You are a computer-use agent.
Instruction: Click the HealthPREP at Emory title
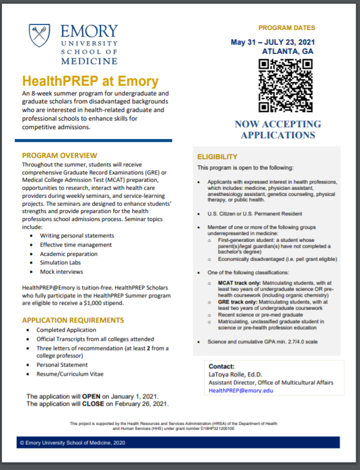(x=90, y=81)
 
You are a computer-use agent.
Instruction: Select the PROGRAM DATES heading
(x=287, y=28)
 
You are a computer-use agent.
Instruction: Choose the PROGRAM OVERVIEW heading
(x=59, y=155)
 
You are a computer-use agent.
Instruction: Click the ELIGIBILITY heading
(x=217, y=157)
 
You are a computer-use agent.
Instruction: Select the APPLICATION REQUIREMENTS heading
(x=72, y=320)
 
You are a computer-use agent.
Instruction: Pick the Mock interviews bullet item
(x=61, y=271)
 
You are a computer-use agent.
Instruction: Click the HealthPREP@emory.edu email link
(x=241, y=390)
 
